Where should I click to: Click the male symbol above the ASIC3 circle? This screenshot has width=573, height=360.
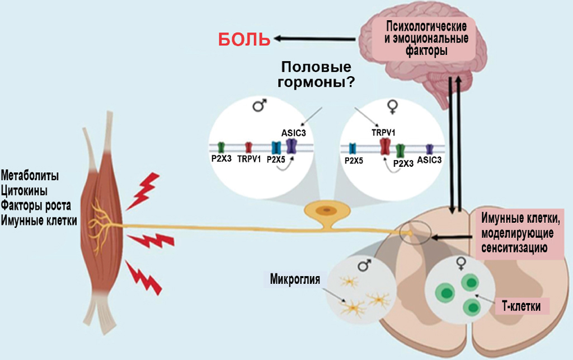click(259, 105)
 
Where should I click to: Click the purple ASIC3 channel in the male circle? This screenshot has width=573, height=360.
click(292, 147)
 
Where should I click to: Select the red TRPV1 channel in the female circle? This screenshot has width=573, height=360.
click(385, 147)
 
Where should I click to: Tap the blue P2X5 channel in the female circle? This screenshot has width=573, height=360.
click(353, 148)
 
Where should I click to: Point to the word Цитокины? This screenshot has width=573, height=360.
click(24, 190)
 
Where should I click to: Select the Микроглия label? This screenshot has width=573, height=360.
click(295, 278)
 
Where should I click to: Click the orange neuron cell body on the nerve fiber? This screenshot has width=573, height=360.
click(325, 210)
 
